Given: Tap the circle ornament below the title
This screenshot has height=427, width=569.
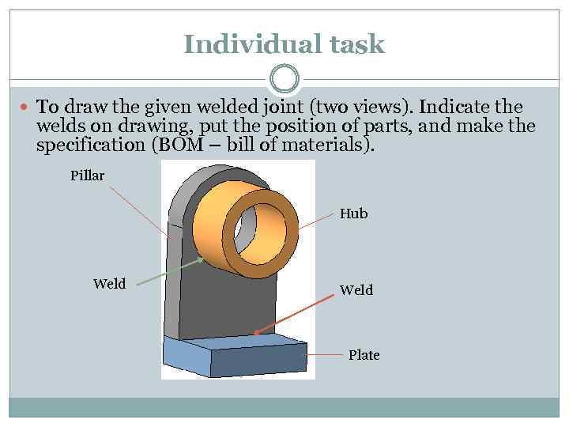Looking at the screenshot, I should click(x=284, y=78).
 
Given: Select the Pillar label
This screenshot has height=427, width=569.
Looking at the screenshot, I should click(x=87, y=176).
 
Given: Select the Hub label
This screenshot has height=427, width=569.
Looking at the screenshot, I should click(x=353, y=213).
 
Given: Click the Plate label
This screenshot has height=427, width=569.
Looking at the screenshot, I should click(x=364, y=355).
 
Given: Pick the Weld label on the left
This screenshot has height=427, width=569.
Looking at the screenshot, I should click(x=109, y=284).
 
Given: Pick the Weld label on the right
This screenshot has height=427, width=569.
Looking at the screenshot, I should click(x=356, y=290).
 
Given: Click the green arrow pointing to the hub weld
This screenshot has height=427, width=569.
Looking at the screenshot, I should click(x=170, y=271).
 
